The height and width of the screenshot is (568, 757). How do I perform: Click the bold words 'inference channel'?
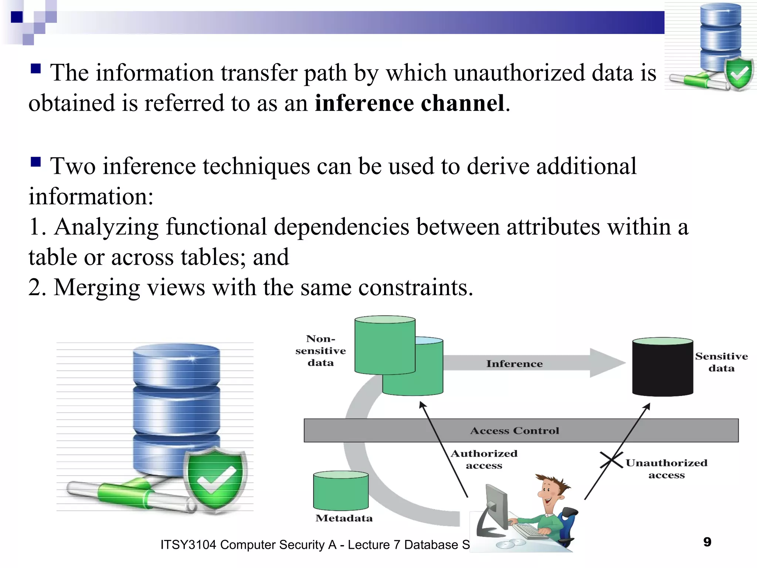pyautogui.click(x=410, y=103)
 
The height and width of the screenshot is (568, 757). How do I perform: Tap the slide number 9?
pyautogui.click(x=707, y=542)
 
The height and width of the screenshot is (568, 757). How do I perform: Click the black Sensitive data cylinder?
pyautogui.click(x=662, y=368)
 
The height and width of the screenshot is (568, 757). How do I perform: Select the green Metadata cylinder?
pyautogui.click(x=341, y=491)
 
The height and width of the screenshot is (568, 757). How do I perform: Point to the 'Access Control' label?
pyautogui.click(x=514, y=431)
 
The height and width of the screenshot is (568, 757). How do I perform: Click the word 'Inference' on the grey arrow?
pyautogui.click(x=514, y=364)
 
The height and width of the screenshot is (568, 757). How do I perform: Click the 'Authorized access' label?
pyautogui.click(x=484, y=459)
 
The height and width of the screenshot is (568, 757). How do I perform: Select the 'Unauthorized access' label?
pyautogui.click(x=666, y=469)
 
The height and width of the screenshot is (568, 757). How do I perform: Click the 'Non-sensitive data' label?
pyautogui.click(x=320, y=351)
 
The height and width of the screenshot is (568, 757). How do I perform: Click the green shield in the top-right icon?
pyautogui.click(x=739, y=74)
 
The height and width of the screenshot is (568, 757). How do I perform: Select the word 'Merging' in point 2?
pyautogui.click(x=97, y=288)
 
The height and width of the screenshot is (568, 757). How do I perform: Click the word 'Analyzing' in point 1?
pyautogui.click(x=106, y=227)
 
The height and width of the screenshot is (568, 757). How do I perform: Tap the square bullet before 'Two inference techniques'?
pyautogui.click(x=35, y=162)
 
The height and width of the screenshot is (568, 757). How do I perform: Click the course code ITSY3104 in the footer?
pyautogui.click(x=188, y=545)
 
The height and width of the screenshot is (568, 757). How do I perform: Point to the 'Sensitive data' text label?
pyautogui.click(x=721, y=362)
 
